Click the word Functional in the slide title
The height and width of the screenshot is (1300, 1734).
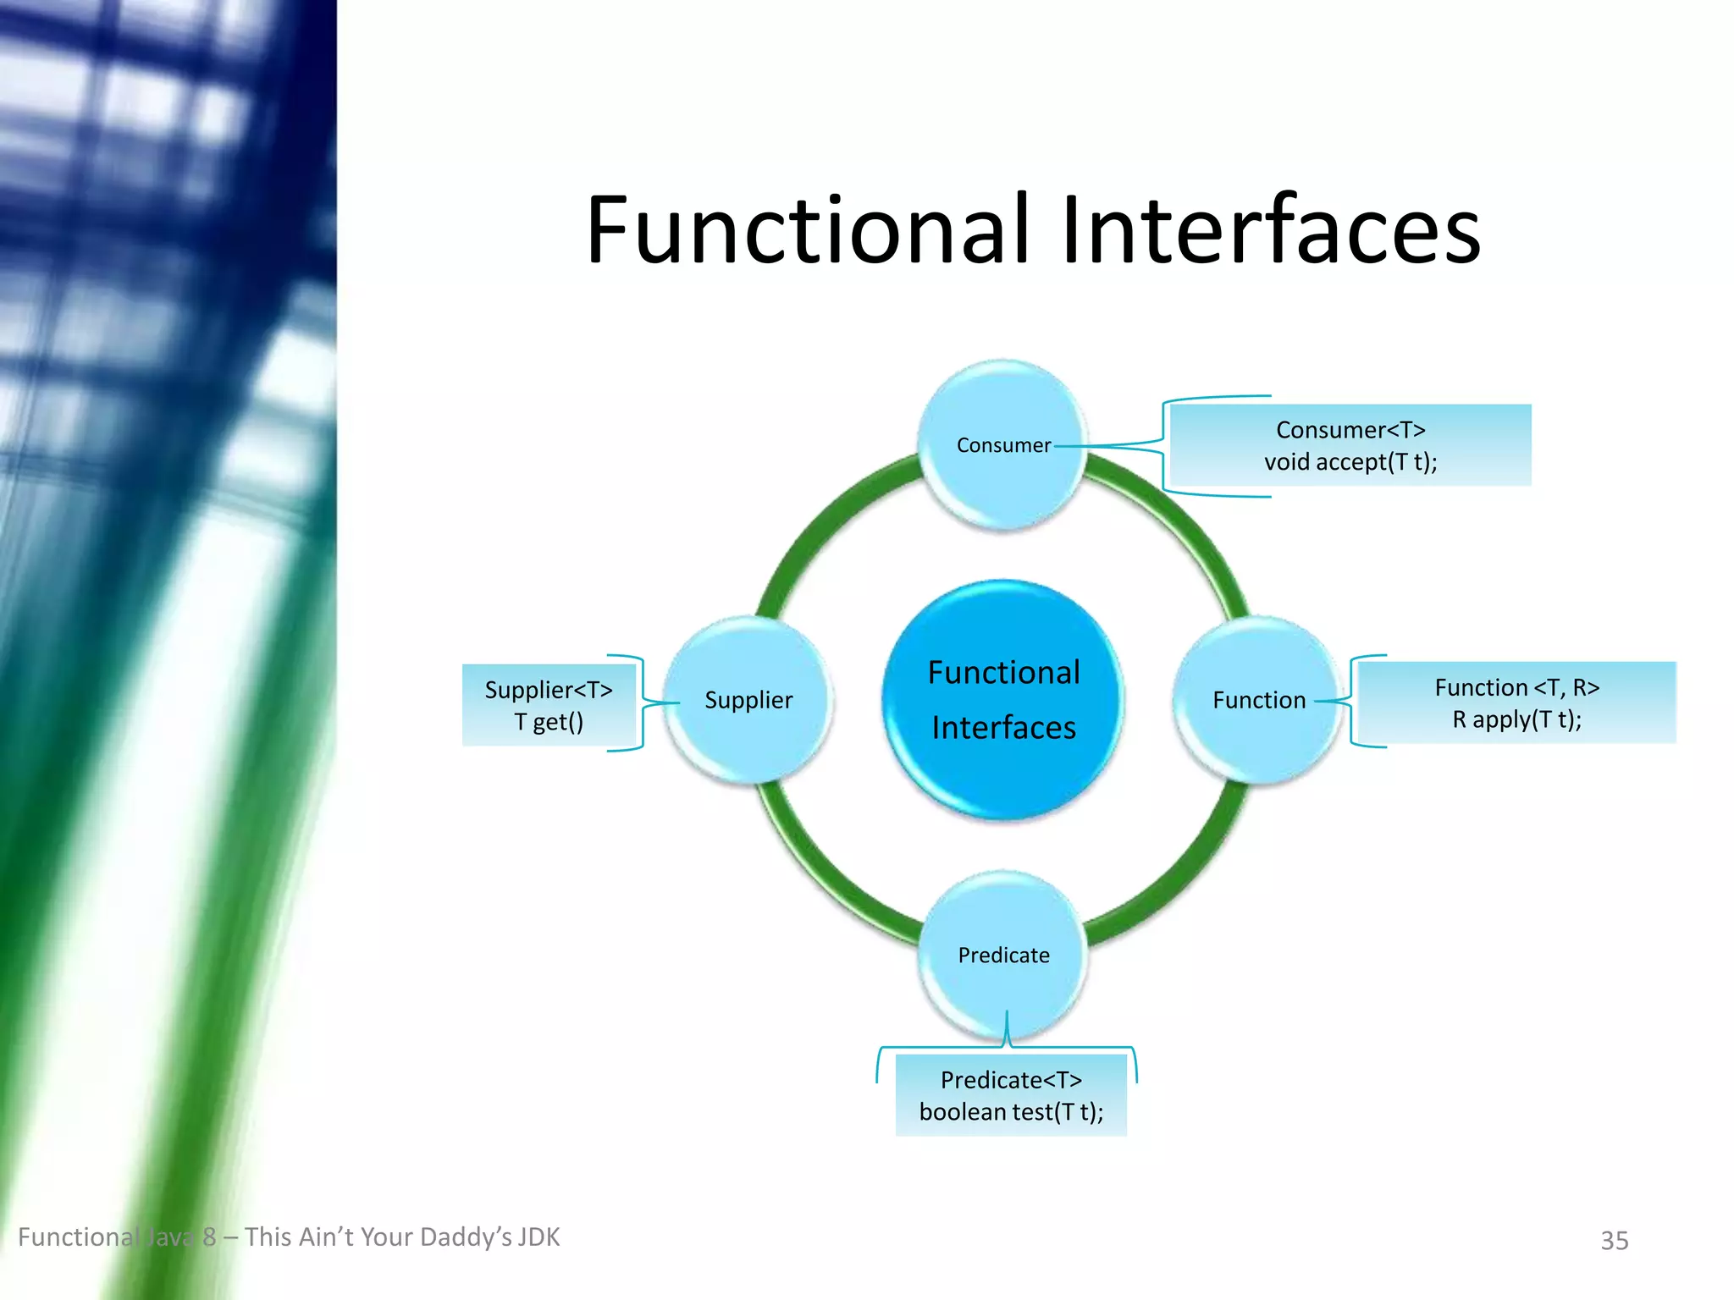809,230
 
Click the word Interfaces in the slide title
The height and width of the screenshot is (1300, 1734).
1270,230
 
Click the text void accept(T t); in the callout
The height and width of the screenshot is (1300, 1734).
1350,462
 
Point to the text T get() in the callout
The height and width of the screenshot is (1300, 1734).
549,722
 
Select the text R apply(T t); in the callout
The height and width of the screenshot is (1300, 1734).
1516,719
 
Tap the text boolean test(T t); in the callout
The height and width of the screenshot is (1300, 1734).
1011,1111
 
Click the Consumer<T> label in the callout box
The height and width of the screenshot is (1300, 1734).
1350,430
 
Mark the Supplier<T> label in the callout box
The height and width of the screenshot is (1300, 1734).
549,690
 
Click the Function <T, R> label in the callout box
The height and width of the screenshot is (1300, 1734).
1516,687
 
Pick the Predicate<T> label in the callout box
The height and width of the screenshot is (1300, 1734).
1011,1080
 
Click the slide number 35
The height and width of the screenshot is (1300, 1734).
1614,1240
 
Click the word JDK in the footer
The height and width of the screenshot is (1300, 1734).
538,1237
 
